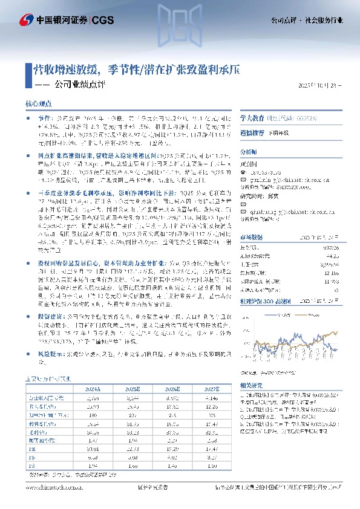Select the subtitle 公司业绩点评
click(79, 85)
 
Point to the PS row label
click(33, 466)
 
